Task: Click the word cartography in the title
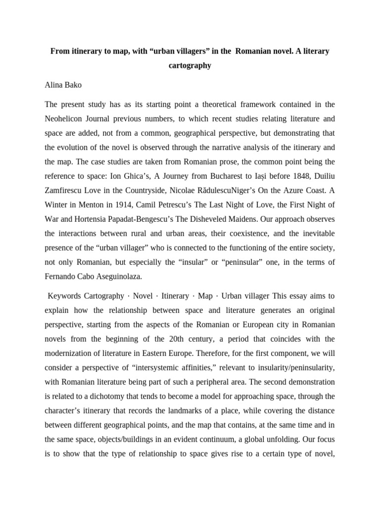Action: (190, 65)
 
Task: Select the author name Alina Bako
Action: (63, 85)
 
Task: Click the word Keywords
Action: (68, 296)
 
